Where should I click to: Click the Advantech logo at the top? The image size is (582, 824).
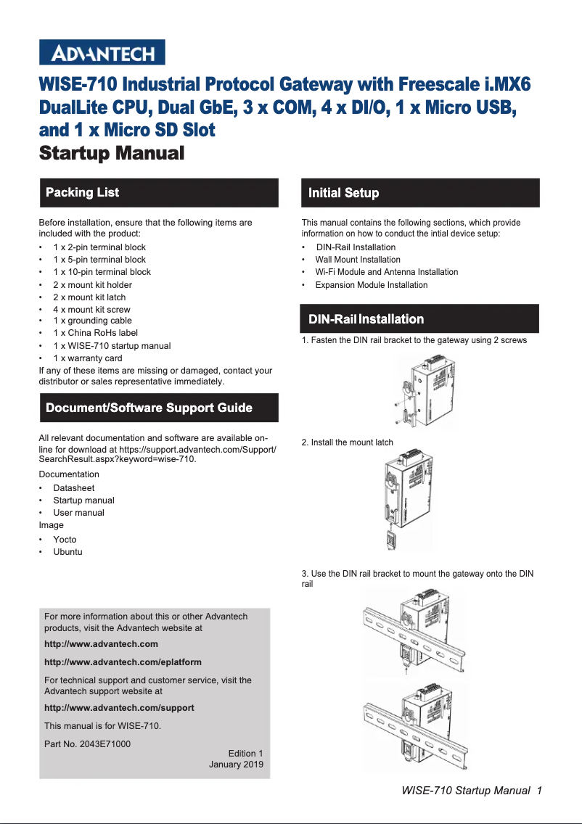pos(102,53)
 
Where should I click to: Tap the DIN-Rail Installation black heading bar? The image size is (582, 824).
pos(420,319)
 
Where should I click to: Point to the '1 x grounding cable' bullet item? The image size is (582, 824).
pos(92,321)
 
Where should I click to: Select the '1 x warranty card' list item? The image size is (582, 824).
pos(87,358)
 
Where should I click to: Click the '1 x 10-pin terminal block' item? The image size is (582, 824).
pos(102,272)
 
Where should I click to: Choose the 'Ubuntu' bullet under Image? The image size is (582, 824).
pos(67,552)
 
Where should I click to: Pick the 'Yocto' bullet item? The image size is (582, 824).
pos(65,540)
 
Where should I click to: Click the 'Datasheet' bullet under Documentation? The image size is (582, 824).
pos(73,488)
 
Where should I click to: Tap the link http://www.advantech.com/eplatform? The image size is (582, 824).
pos(123,662)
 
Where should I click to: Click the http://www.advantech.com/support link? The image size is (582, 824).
pos(119,708)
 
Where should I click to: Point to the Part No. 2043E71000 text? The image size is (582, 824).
pos(87,744)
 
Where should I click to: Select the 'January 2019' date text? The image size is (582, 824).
pos(236,765)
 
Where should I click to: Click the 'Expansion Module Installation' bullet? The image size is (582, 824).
pos(371,285)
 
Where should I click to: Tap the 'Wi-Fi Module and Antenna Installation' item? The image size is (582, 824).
pos(386,272)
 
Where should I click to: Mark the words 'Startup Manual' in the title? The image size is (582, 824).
pos(112,154)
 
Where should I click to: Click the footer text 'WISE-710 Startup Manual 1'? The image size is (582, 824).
pos(472,791)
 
